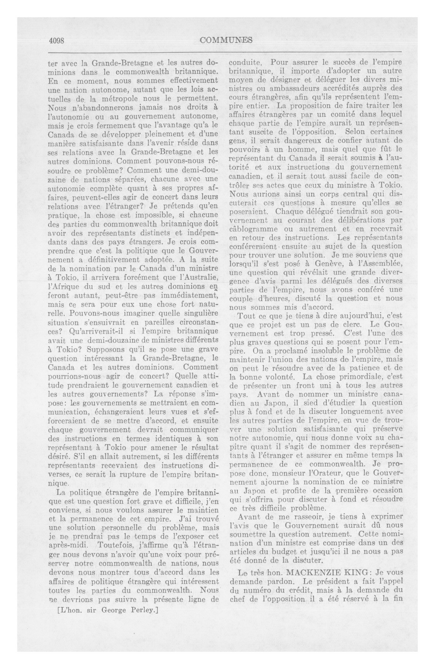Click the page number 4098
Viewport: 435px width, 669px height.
click(57, 40)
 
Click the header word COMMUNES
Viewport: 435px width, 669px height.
click(226, 40)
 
